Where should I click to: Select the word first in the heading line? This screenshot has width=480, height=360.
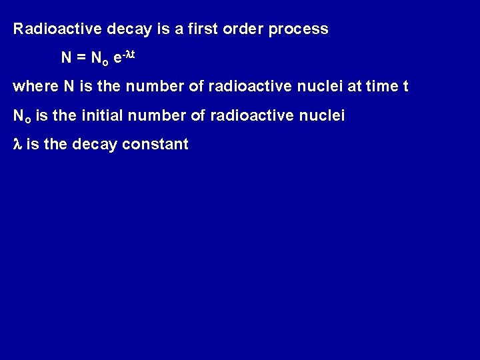click(x=195, y=29)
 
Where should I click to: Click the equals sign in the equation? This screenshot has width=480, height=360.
click(x=81, y=58)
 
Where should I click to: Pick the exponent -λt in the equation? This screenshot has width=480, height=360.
click(x=127, y=55)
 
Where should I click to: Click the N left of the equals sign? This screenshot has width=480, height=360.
click(x=67, y=58)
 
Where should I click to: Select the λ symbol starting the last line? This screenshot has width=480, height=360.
click(x=17, y=145)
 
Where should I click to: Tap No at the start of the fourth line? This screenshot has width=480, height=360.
click(x=22, y=117)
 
